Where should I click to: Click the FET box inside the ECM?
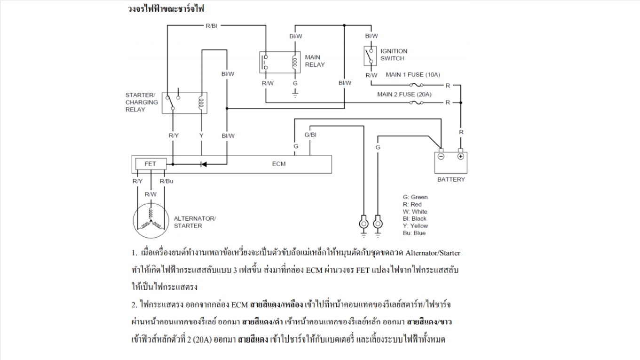(x=150, y=164)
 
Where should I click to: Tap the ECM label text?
(x=279, y=164)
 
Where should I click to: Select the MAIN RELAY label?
(x=315, y=61)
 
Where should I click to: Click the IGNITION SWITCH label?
(x=394, y=55)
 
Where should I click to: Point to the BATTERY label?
(x=450, y=179)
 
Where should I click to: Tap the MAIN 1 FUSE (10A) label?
(x=413, y=75)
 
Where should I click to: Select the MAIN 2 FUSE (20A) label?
(x=404, y=95)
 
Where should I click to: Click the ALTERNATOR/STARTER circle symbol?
(x=150, y=222)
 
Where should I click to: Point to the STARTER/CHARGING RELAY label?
(x=142, y=102)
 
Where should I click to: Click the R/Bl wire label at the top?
(x=212, y=25)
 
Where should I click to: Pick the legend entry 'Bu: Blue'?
(x=414, y=233)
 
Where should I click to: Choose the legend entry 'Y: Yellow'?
(x=416, y=226)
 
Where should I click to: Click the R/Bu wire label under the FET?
(x=166, y=181)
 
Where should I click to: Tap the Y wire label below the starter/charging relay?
(x=201, y=136)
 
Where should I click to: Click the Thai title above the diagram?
(x=166, y=8)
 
